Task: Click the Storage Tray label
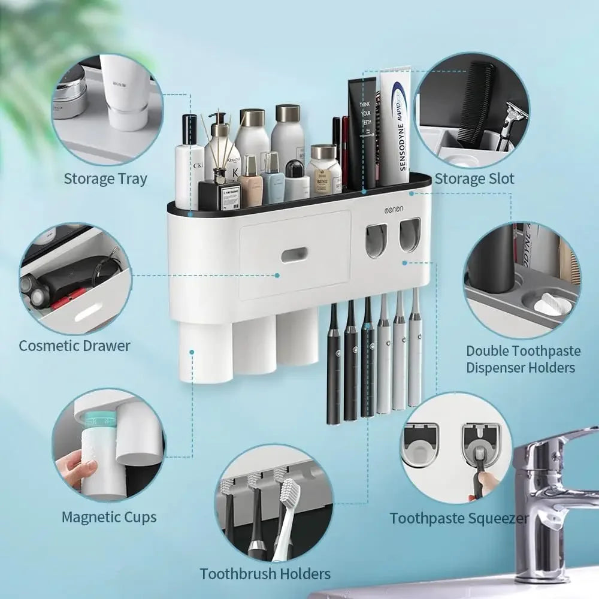point(105,179)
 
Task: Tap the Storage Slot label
point(474,178)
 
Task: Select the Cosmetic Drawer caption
point(74,346)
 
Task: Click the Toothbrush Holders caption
point(265,573)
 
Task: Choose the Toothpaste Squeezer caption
point(459,518)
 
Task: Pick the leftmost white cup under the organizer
point(205,353)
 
